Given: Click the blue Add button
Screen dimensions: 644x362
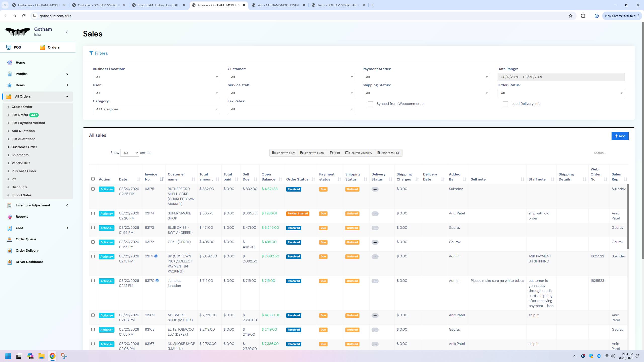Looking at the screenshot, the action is [x=620, y=136].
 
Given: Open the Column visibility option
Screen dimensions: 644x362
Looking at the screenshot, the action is [x=359, y=153].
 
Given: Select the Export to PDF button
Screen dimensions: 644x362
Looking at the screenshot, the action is [x=389, y=153].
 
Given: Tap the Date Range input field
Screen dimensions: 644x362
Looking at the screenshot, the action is [x=561, y=77].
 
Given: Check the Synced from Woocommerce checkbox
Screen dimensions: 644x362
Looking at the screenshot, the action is [x=370, y=104].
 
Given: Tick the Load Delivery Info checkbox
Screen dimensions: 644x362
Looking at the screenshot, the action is [x=505, y=104].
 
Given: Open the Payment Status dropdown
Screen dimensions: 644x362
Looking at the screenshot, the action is [x=426, y=77].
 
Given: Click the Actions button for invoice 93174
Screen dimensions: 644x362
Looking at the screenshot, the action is [x=106, y=214].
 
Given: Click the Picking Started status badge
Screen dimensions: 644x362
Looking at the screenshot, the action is [x=298, y=214].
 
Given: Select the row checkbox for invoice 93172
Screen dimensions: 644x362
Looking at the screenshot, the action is [x=93, y=242].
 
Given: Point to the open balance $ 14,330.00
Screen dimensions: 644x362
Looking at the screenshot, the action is [x=271, y=315].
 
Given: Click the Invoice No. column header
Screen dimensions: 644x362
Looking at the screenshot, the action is [x=151, y=177].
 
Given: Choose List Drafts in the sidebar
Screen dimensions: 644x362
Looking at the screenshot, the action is [x=20, y=115].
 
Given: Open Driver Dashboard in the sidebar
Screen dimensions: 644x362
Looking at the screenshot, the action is [x=29, y=262].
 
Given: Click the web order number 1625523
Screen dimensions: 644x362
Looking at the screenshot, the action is [x=597, y=281].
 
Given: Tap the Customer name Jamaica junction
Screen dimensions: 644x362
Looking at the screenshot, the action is [x=174, y=283].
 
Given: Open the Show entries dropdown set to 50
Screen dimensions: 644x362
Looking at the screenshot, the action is [x=130, y=153].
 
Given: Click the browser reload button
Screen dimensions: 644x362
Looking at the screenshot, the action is [x=24, y=16].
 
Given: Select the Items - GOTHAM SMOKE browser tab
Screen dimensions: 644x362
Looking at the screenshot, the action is [x=338, y=5].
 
